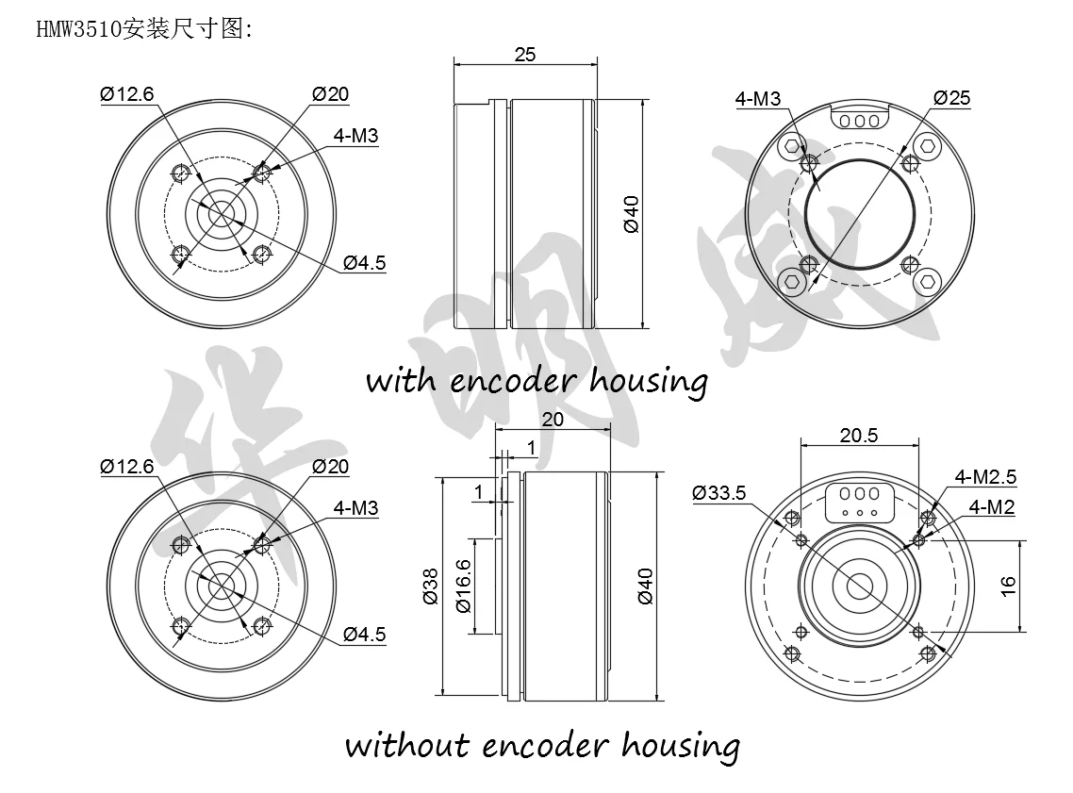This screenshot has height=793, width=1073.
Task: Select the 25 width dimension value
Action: click(525, 55)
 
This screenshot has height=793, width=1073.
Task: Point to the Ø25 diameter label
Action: click(951, 98)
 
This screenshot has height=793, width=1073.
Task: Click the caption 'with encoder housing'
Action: click(536, 381)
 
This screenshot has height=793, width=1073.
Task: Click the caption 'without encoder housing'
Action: click(541, 745)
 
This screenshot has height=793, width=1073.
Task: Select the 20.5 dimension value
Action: click(859, 435)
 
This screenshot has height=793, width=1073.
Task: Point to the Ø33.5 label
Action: click(718, 492)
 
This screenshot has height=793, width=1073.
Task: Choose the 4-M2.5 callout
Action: click(985, 477)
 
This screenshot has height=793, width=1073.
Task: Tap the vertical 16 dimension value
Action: click(1008, 586)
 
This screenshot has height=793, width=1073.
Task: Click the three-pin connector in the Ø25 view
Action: click(859, 120)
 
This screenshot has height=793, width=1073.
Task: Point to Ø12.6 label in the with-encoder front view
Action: click(125, 93)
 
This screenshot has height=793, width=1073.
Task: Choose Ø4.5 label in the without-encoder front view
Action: click(364, 635)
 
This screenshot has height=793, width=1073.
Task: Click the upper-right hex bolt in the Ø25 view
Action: click(928, 147)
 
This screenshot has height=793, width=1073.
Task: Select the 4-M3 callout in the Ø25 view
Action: click(757, 98)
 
